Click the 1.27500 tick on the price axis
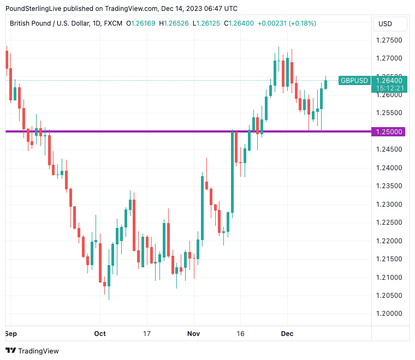(x=389, y=40)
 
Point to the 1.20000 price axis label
(x=389, y=314)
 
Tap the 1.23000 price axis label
(x=389, y=204)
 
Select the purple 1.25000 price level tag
(x=389, y=131)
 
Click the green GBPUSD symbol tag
(x=354, y=80)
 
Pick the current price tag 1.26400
(x=389, y=80)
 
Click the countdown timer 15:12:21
(x=389, y=88)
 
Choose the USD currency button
(x=390, y=24)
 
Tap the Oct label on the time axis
(x=99, y=333)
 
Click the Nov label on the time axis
(x=193, y=333)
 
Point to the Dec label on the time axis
(x=287, y=333)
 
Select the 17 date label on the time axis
(x=146, y=333)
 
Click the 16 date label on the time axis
(x=240, y=333)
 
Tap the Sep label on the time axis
(x=10, y=333)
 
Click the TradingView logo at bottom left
(x=32, y=351)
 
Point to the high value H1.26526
(x=174, y=23)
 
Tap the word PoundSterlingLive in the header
(x=36, y=8)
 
